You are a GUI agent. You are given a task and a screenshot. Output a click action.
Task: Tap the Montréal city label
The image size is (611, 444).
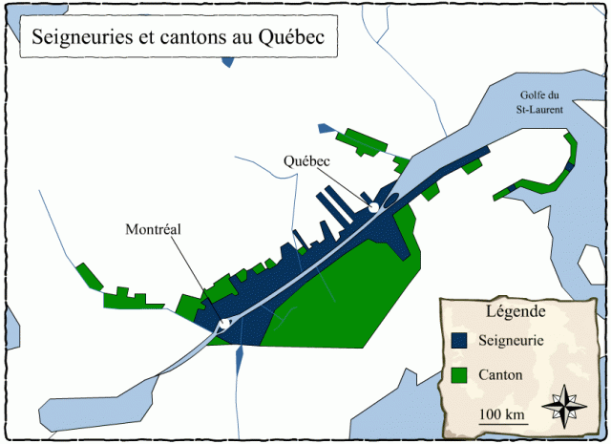pos(153,229)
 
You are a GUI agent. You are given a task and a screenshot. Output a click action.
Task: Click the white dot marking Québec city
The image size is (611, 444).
pos(374,207)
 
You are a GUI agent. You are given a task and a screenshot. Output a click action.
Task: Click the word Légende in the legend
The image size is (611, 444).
pos(516,311)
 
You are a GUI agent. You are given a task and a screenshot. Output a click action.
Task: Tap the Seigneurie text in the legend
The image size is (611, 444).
pos(515,339)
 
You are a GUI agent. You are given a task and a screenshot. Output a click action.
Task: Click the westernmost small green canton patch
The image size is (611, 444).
pos(89,274)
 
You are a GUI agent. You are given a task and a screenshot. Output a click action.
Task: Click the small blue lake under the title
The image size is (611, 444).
pos(226,60)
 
